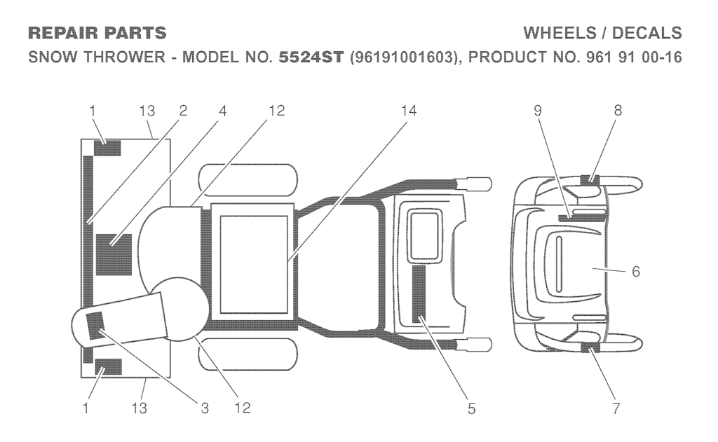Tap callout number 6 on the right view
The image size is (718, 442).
coord(635,271)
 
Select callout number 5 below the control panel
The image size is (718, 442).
coord(471,408)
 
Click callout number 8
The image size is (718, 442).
coord(616,111)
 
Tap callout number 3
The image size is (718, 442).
coord(205,408)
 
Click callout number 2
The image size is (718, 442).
coord(182,111)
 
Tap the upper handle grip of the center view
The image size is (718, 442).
coord(475,184)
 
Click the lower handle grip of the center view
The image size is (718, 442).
coord(475,345)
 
